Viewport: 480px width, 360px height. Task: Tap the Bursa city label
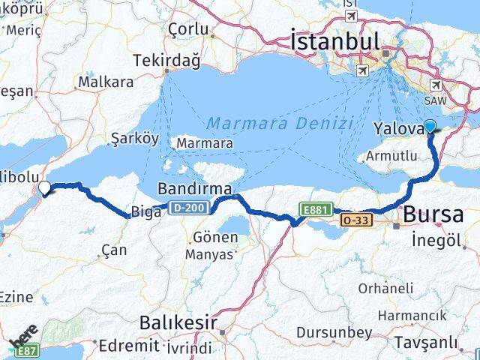coord(433,215)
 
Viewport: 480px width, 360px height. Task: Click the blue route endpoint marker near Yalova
coord(430,127)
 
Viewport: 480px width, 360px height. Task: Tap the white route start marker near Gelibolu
coord(44,188)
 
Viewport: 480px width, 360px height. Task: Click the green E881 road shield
coord(314,210)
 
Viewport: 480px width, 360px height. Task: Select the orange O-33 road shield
coord(355,220)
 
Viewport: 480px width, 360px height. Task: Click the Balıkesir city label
coord(178,323)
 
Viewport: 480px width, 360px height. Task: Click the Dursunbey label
coord(334,331)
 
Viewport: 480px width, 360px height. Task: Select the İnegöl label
coord(435,240)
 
